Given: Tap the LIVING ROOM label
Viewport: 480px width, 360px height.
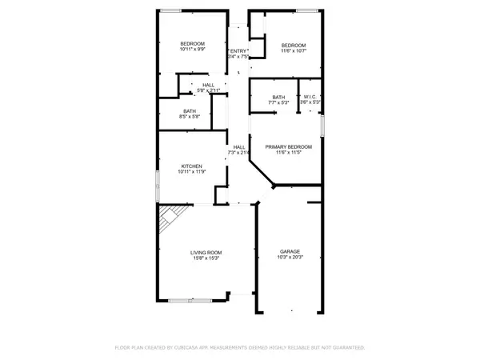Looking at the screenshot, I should [206, 253].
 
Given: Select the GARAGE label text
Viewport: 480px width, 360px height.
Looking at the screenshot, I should [290, 251].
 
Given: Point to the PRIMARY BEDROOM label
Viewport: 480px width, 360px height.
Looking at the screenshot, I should [289, 147].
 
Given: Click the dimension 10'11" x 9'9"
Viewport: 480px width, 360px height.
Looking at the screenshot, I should [193, 50].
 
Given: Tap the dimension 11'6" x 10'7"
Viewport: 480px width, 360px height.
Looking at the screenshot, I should [293, 50].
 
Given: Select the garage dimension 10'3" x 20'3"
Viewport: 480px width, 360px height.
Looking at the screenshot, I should [290, 258].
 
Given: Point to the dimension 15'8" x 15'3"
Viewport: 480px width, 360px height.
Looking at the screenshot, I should [206, 258].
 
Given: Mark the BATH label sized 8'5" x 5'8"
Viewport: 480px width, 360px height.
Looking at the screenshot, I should [190, 112].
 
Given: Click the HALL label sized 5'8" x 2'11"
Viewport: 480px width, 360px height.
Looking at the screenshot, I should [208, 86].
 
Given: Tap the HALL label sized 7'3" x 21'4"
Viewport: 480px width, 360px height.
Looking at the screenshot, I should [238, 147].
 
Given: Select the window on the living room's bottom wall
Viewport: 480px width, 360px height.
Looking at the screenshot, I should [191, 300].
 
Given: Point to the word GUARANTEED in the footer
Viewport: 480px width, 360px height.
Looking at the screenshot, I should [347, 348].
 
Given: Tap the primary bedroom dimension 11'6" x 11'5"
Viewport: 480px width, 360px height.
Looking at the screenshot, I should [289, 153].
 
